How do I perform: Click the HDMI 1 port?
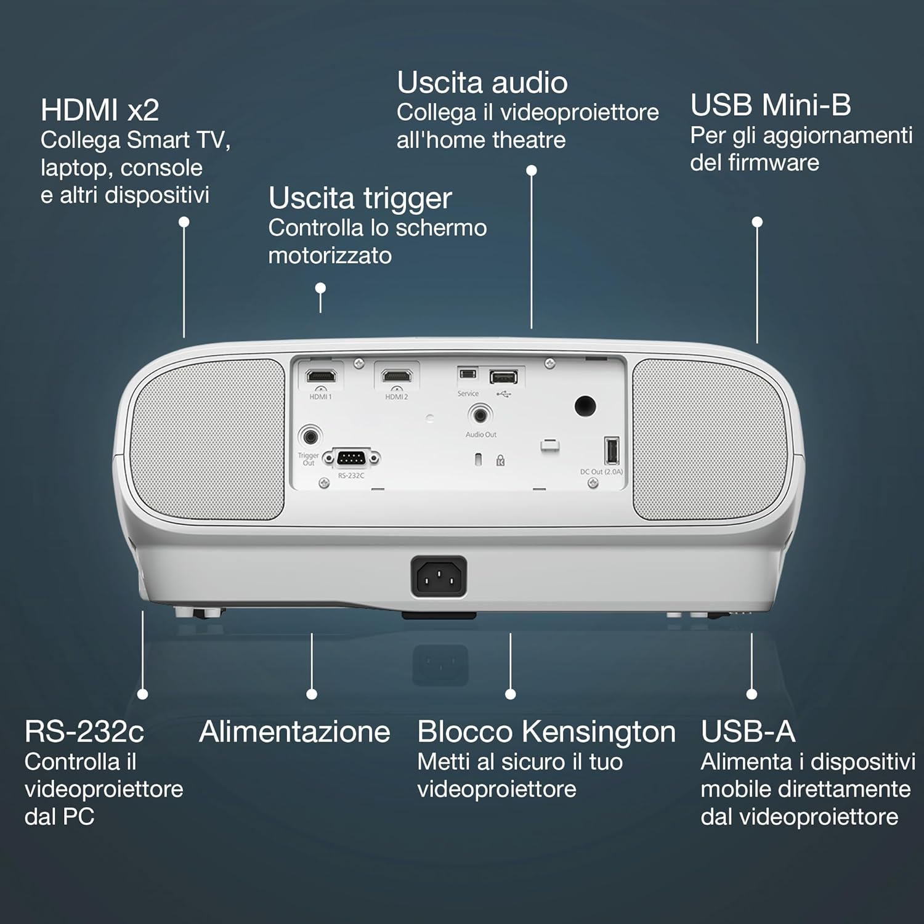tap(321, 376)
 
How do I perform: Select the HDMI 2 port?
tap(397, 376)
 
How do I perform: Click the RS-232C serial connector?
tap(351, 458)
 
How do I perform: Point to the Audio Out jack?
tap(480, 414)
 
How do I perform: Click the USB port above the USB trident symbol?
tap(503, 376)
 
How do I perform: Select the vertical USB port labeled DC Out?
tap(611, 450)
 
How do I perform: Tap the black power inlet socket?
tap(439, 577)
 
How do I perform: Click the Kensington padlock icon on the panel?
tap(500, 460)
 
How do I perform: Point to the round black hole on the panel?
tap(585, 405)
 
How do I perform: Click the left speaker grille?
tap(208, 439)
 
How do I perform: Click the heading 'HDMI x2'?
tap(100, 110)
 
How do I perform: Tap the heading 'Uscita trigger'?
tap(360, 198)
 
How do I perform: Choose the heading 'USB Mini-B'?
tap(771, 105)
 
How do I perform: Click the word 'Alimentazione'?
tap(294, 732)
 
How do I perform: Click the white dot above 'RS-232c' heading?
tap(142, 694)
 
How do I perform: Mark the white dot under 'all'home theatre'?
tap(532, 170)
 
